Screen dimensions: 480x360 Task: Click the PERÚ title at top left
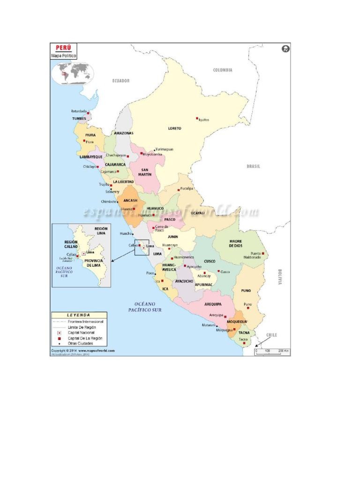pos(64,48)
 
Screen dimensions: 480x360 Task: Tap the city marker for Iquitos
pos(197,119)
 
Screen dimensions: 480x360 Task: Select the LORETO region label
pos(174,128)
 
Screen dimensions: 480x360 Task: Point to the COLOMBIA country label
pos(223,70)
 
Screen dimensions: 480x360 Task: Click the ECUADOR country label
pos(120,81)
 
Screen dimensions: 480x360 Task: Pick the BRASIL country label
pos(253,166)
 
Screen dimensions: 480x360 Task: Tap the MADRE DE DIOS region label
pos(235,243)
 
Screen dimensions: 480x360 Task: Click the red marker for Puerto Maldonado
pos(263,254)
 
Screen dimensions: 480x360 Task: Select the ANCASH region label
pos(130,200)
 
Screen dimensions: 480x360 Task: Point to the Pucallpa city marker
pos(179,189)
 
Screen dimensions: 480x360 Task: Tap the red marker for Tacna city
pos(244,343)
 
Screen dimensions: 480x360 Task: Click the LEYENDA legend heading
pos(79,315)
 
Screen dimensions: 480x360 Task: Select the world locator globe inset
pos(73,73)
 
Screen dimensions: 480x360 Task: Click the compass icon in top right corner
pos(285,49)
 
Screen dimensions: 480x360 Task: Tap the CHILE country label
pos(271,335)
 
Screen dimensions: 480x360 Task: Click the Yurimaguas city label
pos(164,149)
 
